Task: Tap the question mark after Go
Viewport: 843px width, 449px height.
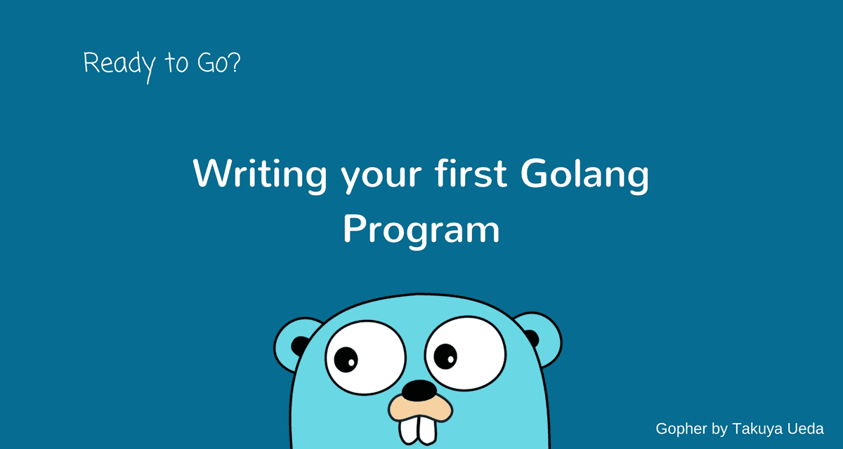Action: pyautogui.click(x=234, y=62)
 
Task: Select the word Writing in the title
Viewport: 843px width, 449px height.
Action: pyautogui.click(x=260, y=175)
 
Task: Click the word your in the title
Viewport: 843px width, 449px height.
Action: pyautogui.click(x=381, y=178)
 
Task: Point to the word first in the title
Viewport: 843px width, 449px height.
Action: pyautogui.click(x=471, y=173)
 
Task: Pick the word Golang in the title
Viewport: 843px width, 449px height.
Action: pyautogui.click(x=584, y=175)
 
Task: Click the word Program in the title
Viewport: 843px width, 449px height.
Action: pyautogui.click(x=421, y=231)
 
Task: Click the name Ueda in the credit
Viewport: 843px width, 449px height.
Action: pyautogui.click(x=804, y=429)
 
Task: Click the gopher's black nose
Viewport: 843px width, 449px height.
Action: pyautogui.click(x=419, y=390)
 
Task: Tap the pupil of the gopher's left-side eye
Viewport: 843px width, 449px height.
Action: pyautogui.click(x=346, y=360)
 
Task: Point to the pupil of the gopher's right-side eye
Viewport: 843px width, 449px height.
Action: pyautogui.click(x=445, y=356)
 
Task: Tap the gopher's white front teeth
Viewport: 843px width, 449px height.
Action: pyautogui.click(x=418, y=430)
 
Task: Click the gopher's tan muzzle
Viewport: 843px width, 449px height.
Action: pyautogui.click(x=420, y=408)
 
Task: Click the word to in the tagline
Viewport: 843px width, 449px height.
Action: pyautogui.click(x=176, y=62)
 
